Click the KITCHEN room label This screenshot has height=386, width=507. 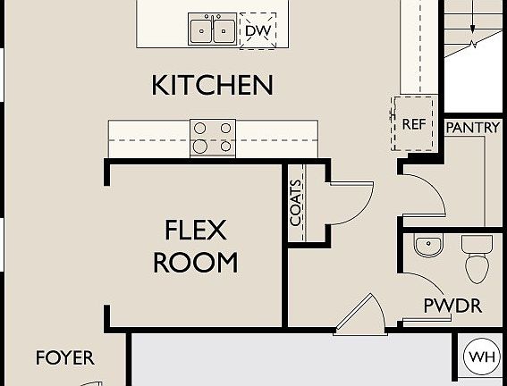[x=212, y=86]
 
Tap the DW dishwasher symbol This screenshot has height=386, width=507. [x=258, y=31]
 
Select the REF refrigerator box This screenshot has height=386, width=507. [x=412, y=124]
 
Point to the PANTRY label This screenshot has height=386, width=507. [x=472, y=128]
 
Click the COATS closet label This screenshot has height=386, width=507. [x=296, y=202]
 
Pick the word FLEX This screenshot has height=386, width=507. [x=195, y=231]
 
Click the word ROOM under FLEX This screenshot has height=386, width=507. [x=195, y=263]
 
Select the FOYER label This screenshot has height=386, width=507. [x=64, y=358]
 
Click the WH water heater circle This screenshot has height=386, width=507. [x=483, y=357]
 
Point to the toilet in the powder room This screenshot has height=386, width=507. [x=475, y=258]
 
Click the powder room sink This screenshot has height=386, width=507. [x=428, y=245]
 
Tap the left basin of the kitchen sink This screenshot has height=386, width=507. [x=201, y=30]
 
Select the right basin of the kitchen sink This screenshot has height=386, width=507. [x=224, y=30]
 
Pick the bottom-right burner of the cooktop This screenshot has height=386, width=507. [x=224, y=146]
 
